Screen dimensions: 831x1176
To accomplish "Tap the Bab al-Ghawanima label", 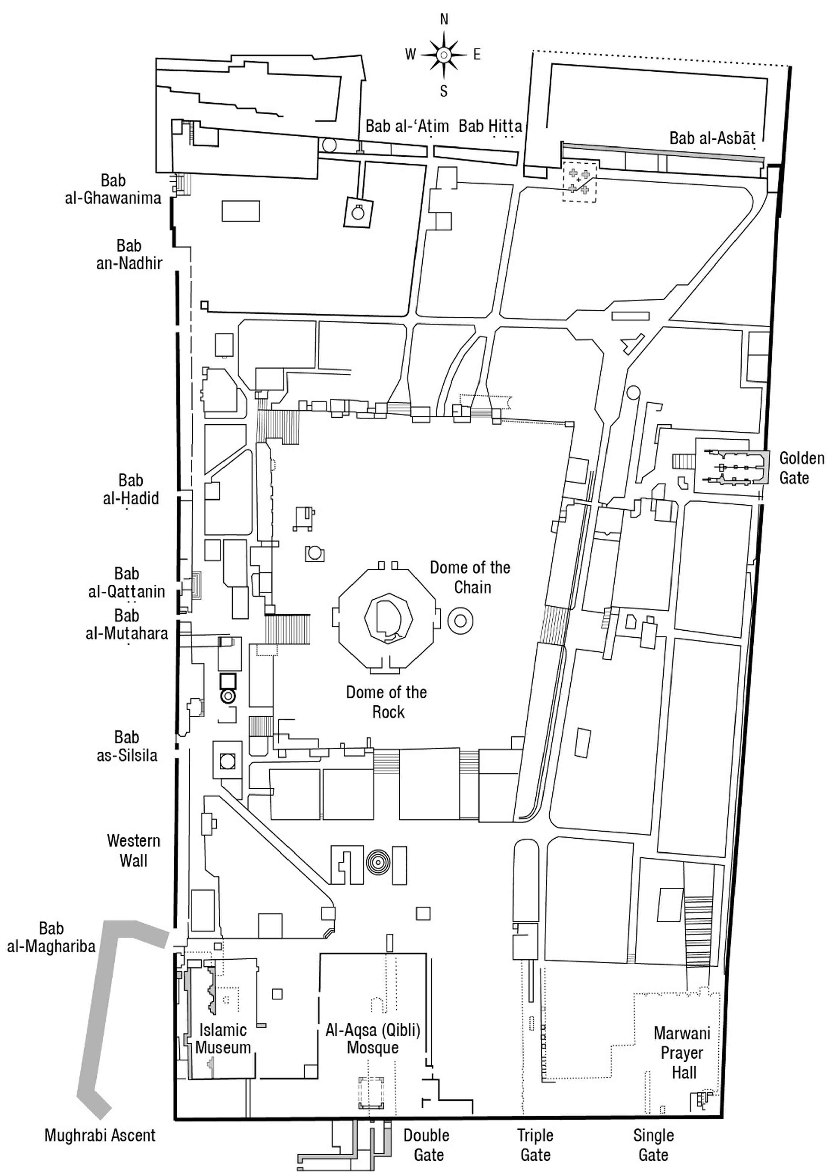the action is (x=113, y=189).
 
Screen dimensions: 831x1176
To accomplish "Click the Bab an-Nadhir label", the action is (x=129, y=254).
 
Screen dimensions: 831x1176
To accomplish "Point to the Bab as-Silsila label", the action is (x=127, y=746).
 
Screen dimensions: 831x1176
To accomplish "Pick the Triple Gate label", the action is (x=535, y=1145).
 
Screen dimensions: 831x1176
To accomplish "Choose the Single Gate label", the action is (x=654, y=1145).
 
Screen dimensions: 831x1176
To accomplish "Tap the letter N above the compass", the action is (x=444, y=19).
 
